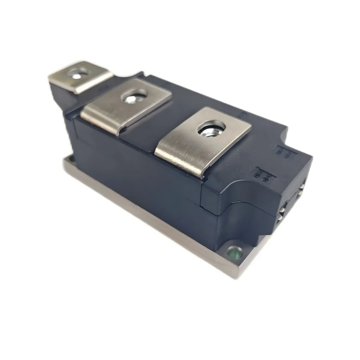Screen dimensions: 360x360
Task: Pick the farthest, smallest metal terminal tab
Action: tap(80, 76)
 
